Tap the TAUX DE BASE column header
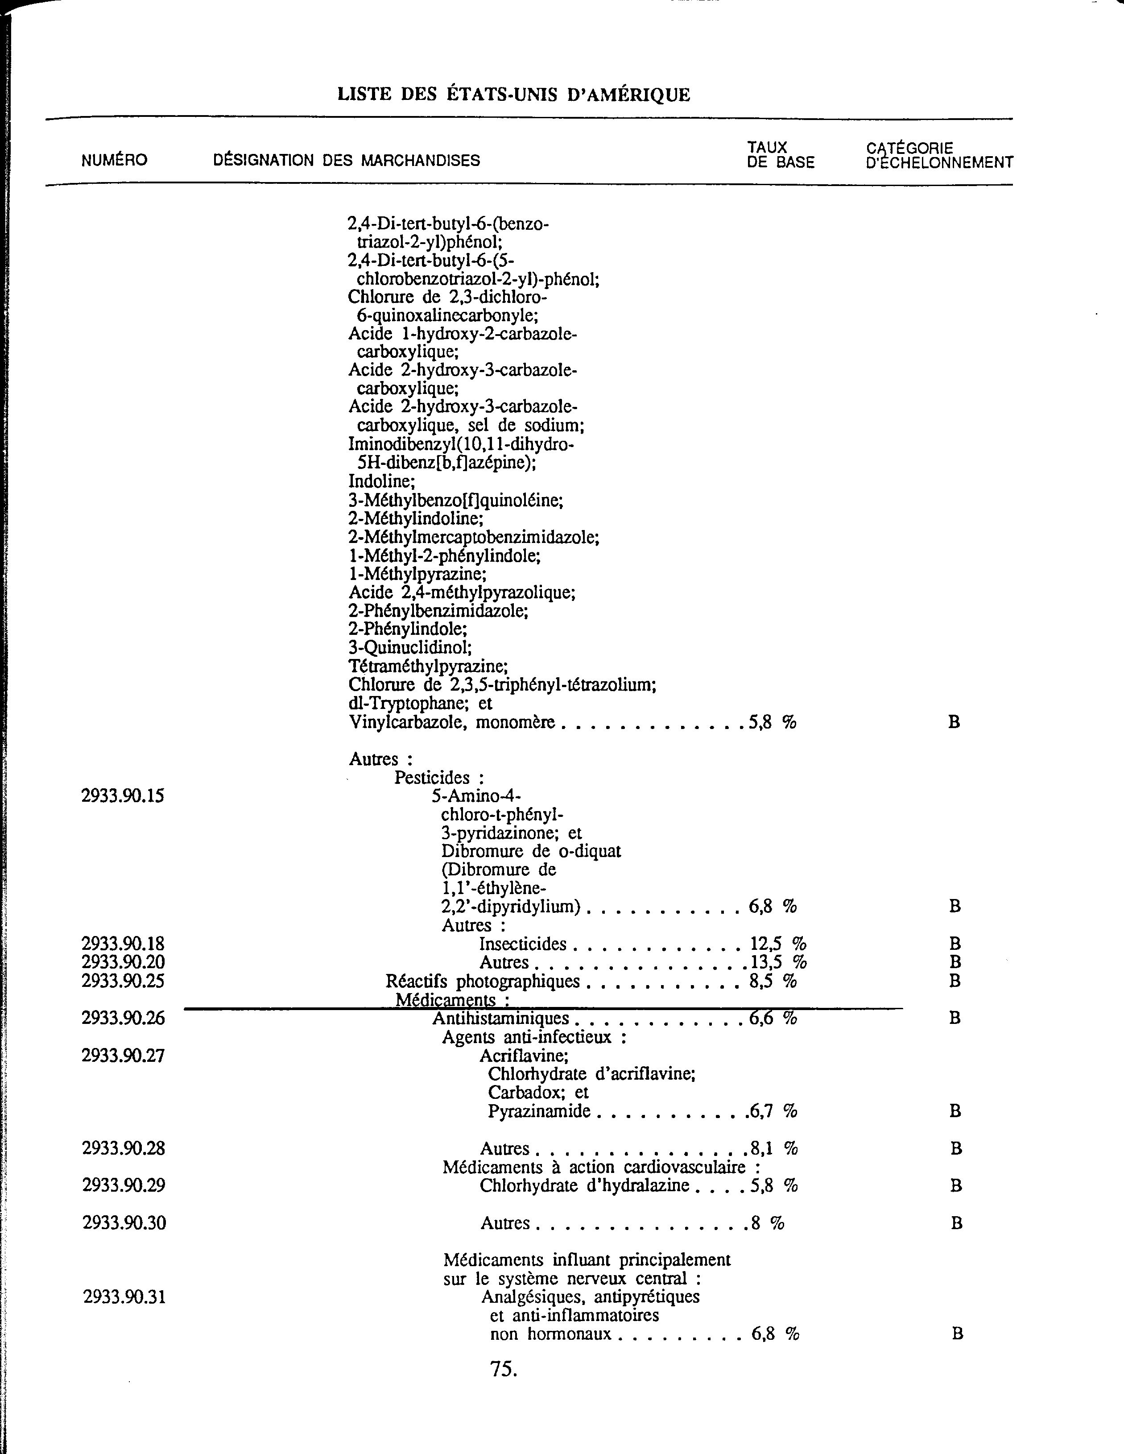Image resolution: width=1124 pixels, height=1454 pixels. [780, 155]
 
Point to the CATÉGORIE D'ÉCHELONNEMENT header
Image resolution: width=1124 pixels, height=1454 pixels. [939, 155]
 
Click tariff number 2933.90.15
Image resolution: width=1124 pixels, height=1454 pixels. [123, 795]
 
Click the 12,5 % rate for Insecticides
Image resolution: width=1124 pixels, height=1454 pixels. [778, 944]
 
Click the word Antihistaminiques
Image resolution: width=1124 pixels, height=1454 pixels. [501, 1018]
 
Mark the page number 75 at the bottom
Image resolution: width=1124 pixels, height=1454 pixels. [503, 1369]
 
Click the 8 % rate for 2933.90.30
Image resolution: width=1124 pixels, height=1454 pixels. [767, 1222]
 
